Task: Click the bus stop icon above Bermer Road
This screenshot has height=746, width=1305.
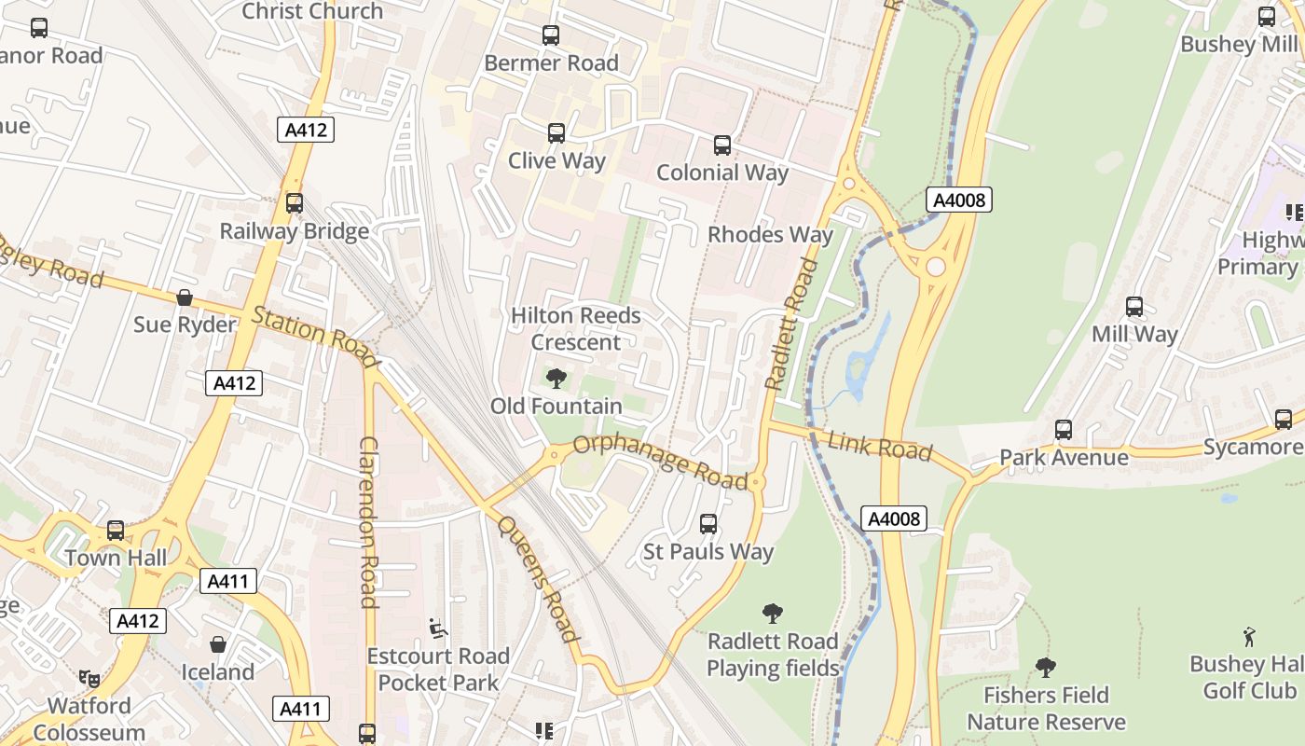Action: click(551, 35)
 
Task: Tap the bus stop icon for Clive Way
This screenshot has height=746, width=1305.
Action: click(556, 133)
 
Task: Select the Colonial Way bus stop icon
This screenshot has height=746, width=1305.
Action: click(722, 145)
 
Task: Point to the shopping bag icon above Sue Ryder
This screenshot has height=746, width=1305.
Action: click(185, 297)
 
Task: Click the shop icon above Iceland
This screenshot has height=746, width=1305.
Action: click(218, 644)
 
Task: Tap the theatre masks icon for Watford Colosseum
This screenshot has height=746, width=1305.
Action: click(89, 678)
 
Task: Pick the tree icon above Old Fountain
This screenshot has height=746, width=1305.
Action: click(556, 379)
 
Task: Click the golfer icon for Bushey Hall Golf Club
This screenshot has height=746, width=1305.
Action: click(1249, 637)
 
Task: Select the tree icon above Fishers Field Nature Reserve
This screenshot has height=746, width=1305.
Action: click(1046, 668)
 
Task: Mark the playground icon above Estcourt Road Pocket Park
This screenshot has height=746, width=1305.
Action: click(438, 629)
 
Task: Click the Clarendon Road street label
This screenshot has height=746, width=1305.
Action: click(368, 521)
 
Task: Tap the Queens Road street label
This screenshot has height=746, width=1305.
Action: click(538, 579)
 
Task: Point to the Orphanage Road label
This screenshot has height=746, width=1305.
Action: click(661, 460)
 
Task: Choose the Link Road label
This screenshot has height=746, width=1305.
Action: click(879, 447)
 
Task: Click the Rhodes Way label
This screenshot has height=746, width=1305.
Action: click(770, 234)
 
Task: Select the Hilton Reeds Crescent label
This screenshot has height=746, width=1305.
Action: click(576, 328)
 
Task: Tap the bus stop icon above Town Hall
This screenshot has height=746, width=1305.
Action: click(116, 531)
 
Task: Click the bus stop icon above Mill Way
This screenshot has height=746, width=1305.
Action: click(1134, 307)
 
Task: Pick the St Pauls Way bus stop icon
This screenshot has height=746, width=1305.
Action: click(708, 524)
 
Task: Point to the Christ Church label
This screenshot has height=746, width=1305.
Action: click(312, 11)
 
